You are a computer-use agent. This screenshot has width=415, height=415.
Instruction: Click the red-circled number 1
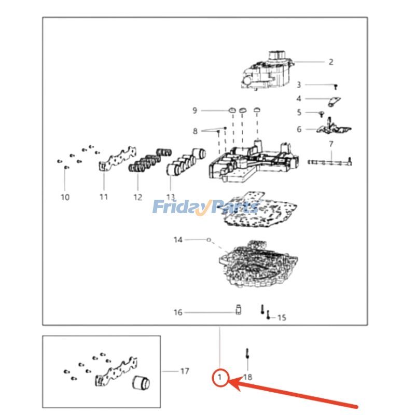click(219, 377)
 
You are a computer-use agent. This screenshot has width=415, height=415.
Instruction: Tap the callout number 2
click(331, 62)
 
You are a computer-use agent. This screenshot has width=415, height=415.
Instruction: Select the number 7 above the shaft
click(331, 144)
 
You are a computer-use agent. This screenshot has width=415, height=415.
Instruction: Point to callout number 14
click(178, 240)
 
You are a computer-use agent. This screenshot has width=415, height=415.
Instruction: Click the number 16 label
click(178, 312)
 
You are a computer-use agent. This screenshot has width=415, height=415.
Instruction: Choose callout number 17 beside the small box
click(185, 371)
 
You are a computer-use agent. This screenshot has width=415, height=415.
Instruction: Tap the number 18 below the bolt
click(248, 377)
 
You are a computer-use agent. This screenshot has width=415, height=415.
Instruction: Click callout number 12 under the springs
click(137, 197)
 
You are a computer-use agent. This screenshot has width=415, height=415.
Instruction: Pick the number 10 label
click(65, 197)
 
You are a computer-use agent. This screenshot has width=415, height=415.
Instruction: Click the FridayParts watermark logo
click(206, 207)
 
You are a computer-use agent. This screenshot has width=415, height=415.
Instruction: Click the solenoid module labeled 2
click(267, 71)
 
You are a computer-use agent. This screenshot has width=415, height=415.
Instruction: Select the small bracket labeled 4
click(334, 102)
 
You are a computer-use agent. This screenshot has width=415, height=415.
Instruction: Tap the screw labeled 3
click(336, 87)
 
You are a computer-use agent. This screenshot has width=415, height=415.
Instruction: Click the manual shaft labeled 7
click(330, 161)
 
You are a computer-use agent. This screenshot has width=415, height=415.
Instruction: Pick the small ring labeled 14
click(209, 240)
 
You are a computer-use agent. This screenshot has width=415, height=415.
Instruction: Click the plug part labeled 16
click(239, 309)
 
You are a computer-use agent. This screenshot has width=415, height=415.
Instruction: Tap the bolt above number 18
click(247, 354)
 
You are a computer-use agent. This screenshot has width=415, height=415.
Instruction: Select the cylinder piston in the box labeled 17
click(141, 383)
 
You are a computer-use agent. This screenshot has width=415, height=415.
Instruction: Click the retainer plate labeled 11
click(118, 158)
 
